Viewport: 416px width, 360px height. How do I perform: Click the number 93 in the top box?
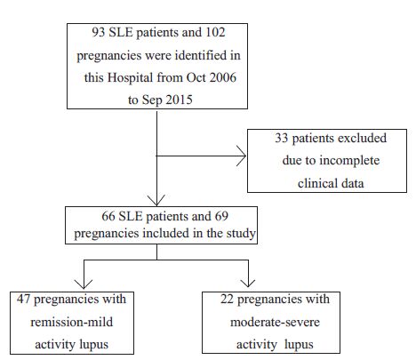pos(98,32)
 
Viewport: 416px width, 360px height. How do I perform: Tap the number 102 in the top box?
pos(215,32)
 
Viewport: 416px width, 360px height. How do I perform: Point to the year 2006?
pos(223,77)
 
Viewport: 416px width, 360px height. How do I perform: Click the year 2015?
pos(179,100)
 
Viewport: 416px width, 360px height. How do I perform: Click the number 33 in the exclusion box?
pos(282,138)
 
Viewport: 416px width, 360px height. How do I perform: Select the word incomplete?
pos(349,161)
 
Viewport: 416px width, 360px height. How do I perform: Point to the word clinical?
pos(317,183)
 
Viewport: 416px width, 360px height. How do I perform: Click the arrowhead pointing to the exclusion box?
pos(242,156)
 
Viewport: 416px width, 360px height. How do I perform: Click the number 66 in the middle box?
pos(108,216)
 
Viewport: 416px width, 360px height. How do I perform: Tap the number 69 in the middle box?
pos(221,216)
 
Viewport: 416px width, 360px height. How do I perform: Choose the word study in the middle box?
pos(241,234)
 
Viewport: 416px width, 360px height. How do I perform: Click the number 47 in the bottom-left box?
pos(23,299)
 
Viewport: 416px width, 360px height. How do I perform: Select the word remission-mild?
pos(72,322)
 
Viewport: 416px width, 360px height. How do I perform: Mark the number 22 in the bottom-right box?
pos(227,299)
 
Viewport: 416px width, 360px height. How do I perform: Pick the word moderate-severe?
pos(275,322)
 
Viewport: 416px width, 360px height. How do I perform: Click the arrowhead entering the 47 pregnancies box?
pos(84,284)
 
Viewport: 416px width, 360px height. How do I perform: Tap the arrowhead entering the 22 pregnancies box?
pos(248,284)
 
